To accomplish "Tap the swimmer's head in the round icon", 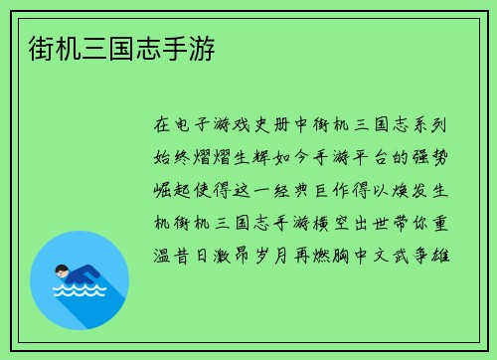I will pyautogui.click(x=62, y=270).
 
